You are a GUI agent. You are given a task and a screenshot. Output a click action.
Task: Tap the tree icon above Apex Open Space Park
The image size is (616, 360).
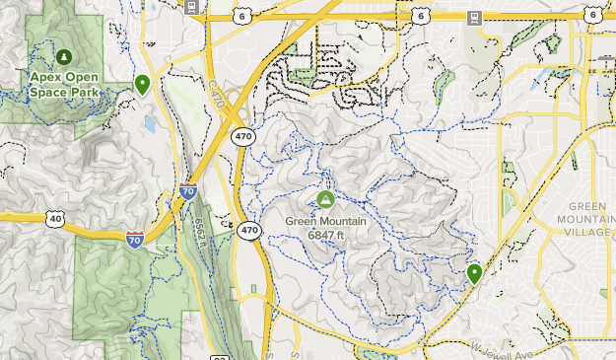click(64, 56)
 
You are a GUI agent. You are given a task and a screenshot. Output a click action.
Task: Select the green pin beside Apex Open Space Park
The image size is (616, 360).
click(143, 84)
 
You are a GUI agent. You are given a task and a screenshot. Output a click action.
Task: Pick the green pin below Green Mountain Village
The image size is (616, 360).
click(474, 273)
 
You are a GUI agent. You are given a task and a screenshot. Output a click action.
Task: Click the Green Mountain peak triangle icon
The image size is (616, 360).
click(325, 200)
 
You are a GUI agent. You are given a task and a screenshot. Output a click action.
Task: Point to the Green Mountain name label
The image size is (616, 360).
click(325, 221)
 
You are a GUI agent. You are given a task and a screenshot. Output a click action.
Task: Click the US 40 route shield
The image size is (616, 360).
click(55, 218)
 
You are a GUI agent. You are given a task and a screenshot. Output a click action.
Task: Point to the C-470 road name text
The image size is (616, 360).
click(216, 94)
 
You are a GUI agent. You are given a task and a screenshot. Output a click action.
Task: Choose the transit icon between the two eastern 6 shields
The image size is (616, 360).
click(474, 17)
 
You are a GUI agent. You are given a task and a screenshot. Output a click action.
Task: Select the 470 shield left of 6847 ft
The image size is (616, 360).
click(249, 230)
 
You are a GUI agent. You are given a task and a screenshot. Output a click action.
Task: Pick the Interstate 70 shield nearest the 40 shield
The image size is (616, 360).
click(134, 238)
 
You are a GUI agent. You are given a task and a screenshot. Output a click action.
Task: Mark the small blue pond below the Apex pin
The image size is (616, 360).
click(149, 123)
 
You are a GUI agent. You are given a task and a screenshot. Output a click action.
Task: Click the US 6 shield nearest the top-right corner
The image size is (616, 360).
click(592, 15)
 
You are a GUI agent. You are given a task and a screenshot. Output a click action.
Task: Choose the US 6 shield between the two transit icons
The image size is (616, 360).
click(422, 17)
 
